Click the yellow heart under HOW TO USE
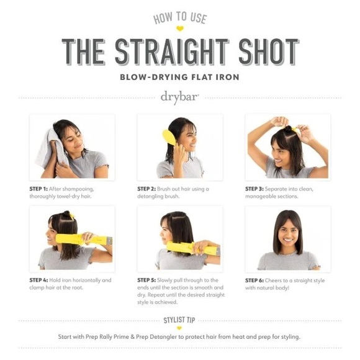(180, 29)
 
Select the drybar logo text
(179, 97)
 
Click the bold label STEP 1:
(42, 189)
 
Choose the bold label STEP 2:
(150, 189)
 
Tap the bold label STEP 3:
(258, 189)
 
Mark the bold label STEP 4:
(42, 280)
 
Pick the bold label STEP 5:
(150, 280)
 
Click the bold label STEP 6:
(258, 280)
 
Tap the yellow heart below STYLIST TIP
(179, 328)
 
